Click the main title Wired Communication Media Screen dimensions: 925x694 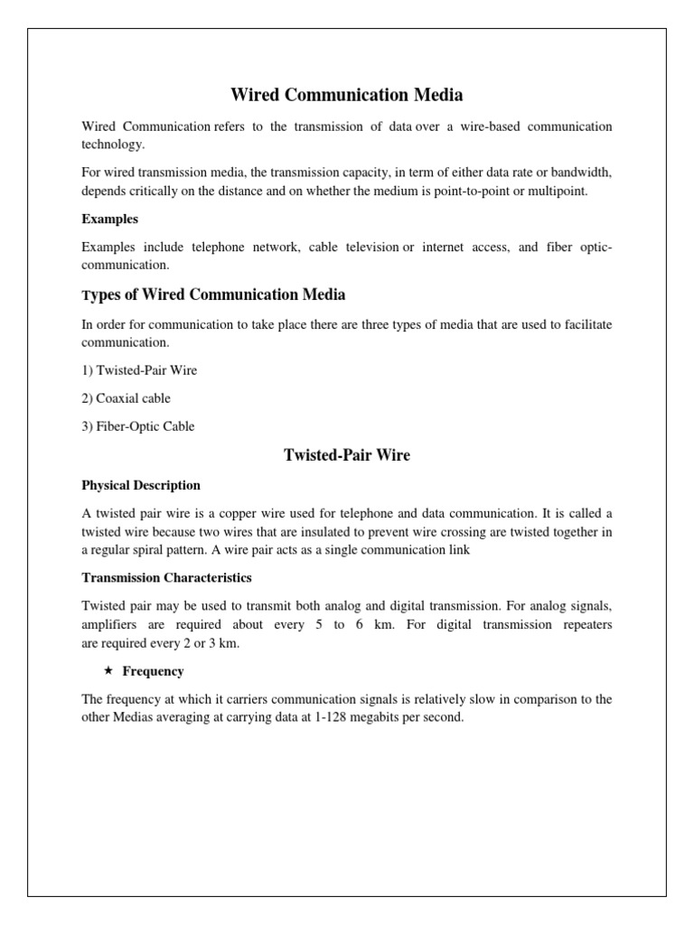pyautogui.click(x=347, y=94)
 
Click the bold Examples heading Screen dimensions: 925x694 pyautogui.click(x=109, y=219)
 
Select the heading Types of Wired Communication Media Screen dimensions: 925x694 pyautogui.click(x=213, y=294)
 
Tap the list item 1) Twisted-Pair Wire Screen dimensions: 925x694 pyautogui.click(x=139, y=370)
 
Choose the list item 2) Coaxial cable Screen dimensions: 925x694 pyautogui.click(x=126, y=398)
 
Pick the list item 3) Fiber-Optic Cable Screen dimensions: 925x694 pyautogui.click(x=137, y=426)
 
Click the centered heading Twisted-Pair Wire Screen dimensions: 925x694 pyautogui.click(x=347, y=455)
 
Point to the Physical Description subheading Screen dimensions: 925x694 pyautogui.click(x=141, y=485)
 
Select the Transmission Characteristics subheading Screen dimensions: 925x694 pyautogui.click(x=167, y=577)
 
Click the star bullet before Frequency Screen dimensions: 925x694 pyautogui.click(x=108, y=671)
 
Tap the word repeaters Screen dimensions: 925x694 pyautogui.click(x=581, y=624)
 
